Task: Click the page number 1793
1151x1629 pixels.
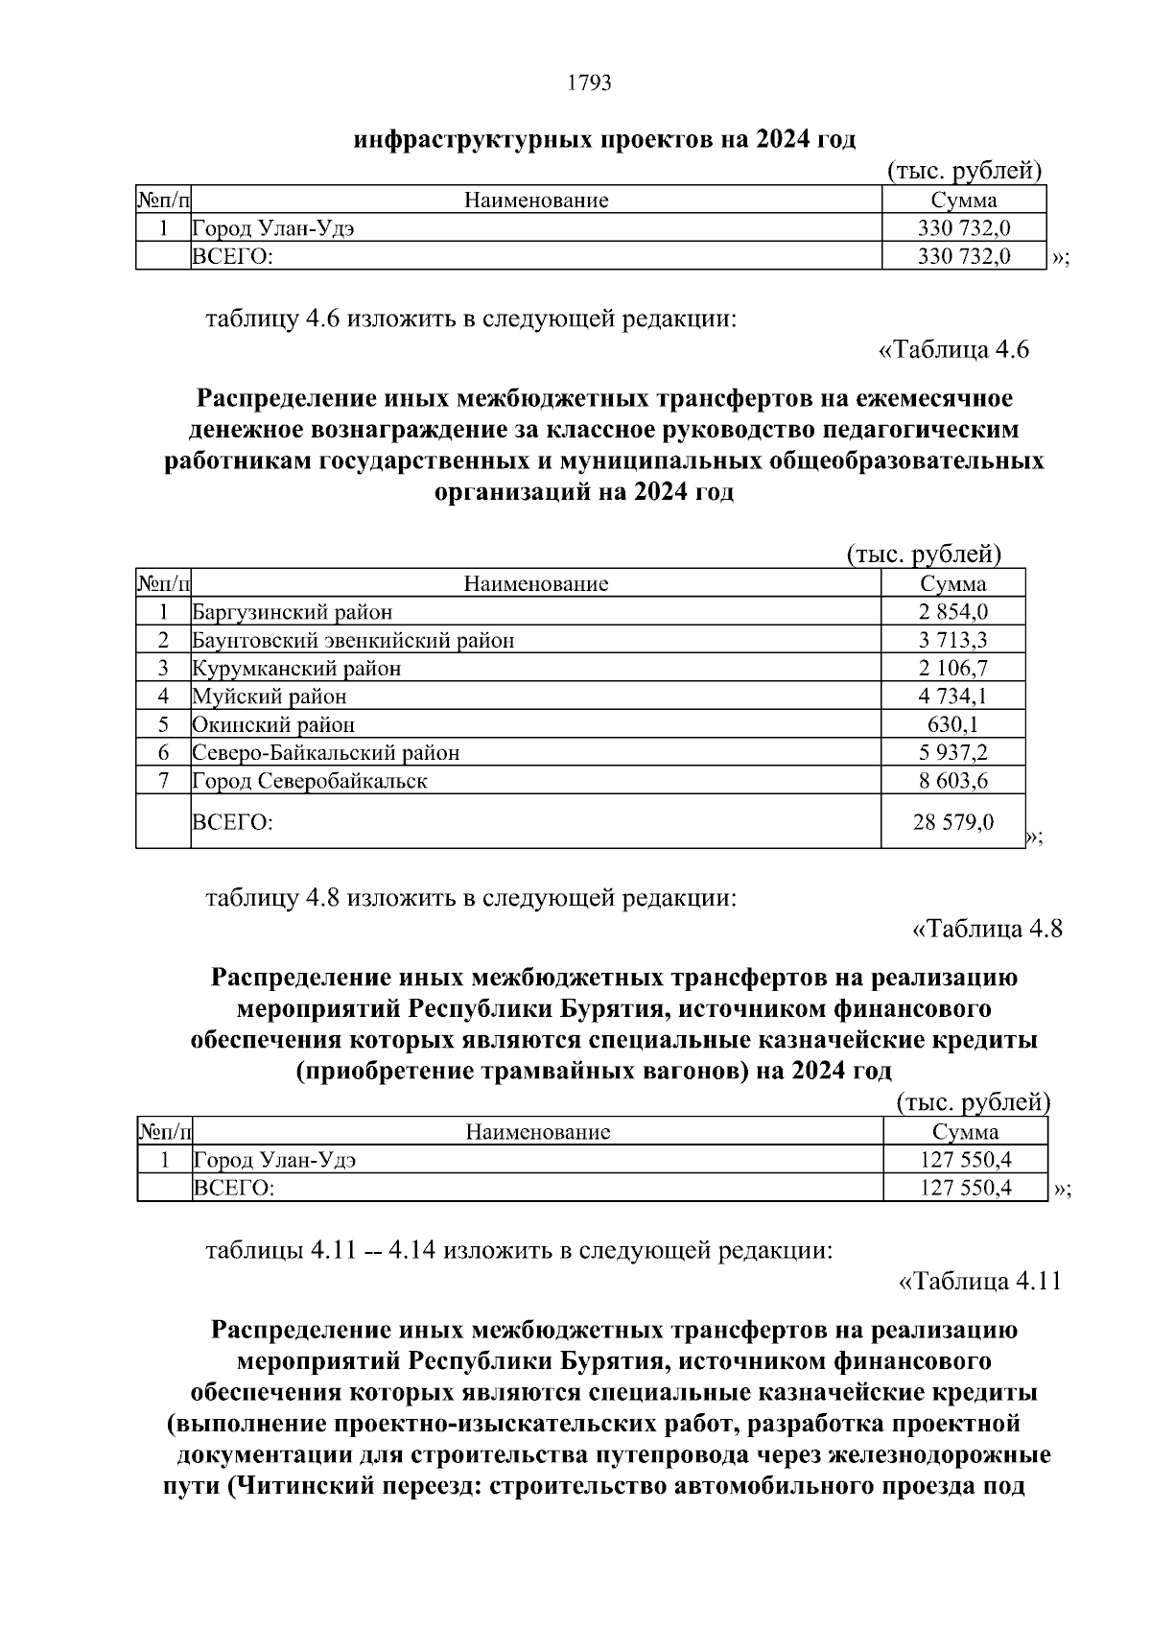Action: point(589,83)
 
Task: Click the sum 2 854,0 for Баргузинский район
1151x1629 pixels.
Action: point(952,612)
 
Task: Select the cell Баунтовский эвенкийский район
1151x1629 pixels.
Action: point(353,640)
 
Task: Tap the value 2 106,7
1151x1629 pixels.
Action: point(952,668)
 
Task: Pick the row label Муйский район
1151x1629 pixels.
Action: point(270,696)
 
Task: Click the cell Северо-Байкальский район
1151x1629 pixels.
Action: point(325,753)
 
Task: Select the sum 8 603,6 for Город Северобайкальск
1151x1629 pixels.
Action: point(952,781)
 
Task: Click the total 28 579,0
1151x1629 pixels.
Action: point(952,822)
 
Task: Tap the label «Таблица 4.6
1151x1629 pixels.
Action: point(953,350)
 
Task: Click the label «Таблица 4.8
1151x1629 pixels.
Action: point(986,929)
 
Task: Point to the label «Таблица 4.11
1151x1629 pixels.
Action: point(979,1282)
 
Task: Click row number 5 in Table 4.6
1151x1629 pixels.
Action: point(163,724)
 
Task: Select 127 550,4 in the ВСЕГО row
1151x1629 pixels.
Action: point(965,1189)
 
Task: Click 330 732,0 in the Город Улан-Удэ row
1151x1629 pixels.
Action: point(963,228)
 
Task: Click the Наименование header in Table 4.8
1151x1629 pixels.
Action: point(537,1132)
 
